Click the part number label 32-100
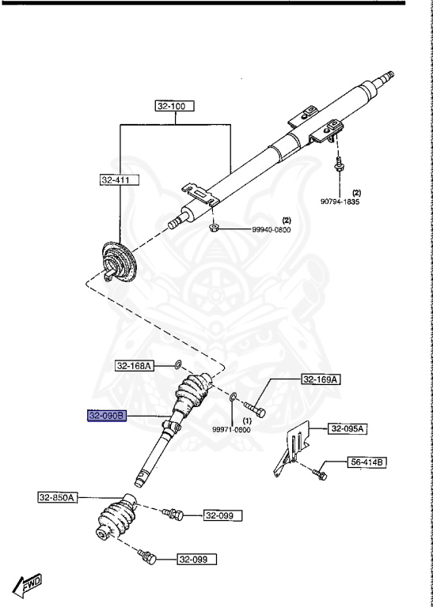[x=175, y=105]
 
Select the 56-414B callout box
[x=365, y=461]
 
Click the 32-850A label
[x=57, y=497]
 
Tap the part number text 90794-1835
[x=340, y=202]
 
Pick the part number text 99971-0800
[x=232, y=429]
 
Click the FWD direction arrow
[x=28, y=586]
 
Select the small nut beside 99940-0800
[x=213, y=228]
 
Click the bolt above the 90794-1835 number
[x=338, y=164]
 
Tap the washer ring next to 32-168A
[x=177, y=365]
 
